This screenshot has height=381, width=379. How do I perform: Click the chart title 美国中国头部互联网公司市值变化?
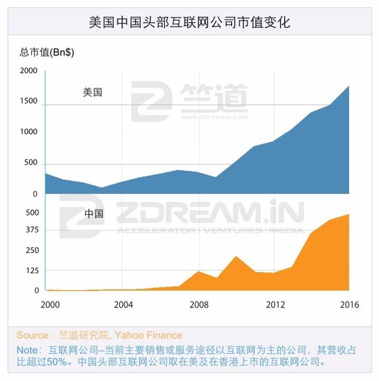tap(189, 23)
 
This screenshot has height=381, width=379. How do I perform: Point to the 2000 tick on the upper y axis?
tap(29, 70)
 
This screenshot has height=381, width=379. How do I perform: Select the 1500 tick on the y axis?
tap(29, 101)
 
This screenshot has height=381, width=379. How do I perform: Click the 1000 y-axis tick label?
tap(29, 132)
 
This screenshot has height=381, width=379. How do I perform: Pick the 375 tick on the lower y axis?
tap(33, 230)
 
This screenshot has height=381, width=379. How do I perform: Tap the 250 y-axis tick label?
tap(33, 250)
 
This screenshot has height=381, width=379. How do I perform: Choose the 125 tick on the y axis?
tap(33, 271)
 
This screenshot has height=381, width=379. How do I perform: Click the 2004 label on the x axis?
tap(123, 305)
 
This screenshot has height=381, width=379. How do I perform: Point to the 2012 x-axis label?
tap(275, 305)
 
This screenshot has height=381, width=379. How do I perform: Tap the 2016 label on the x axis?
tap(349, 305)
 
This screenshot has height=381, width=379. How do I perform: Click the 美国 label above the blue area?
tap(93, 92)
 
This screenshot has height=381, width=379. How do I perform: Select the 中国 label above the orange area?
tap(94, 214)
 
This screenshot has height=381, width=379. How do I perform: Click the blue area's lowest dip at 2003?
tap(102, 188)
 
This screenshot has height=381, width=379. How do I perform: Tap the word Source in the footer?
tap(32, 335)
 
